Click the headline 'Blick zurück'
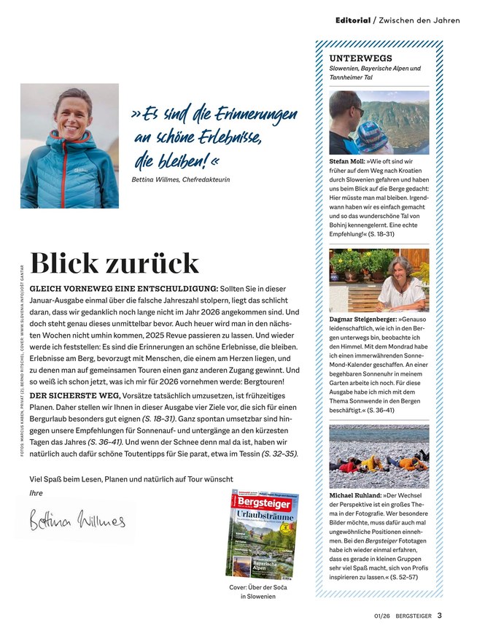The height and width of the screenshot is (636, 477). pos(115,263)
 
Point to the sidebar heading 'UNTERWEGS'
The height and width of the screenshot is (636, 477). pos(360,58)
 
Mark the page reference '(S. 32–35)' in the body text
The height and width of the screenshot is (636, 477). pos(279,453)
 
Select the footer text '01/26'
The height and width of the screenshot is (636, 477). pos(374,616)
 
